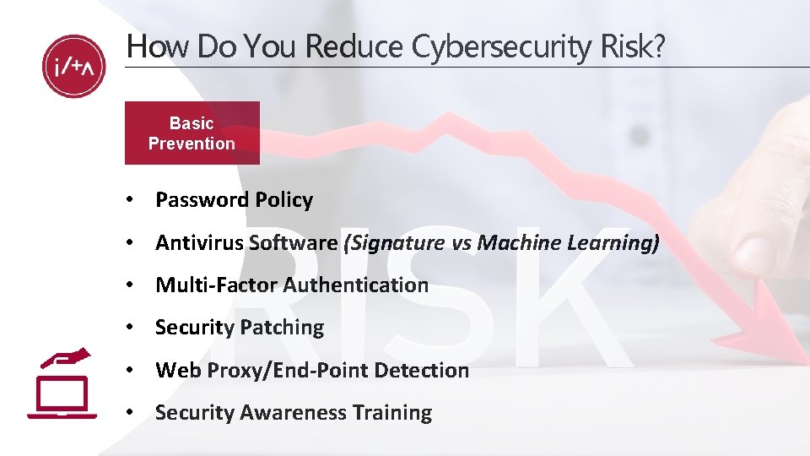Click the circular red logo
point(74,66)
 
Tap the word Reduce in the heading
point(356,47)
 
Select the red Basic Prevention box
point(192,133)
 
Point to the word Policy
point(283,200)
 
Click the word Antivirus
point(201,243)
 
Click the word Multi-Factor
point(215,285)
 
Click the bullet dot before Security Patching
point(129,328)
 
